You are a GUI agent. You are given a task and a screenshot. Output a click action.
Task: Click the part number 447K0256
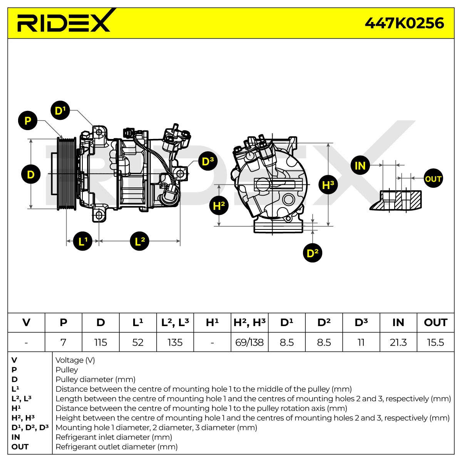click(404, 23)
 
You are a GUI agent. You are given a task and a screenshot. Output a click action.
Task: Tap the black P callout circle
click(28, 121)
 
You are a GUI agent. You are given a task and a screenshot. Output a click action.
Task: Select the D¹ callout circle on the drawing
click(60, 110)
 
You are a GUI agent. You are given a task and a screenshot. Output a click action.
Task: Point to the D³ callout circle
click(208, 161)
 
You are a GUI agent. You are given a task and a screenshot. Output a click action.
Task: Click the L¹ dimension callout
click(82, 241)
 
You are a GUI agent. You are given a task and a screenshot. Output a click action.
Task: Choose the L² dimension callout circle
click(139, 241)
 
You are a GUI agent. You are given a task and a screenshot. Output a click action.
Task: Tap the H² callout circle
click(219, 206)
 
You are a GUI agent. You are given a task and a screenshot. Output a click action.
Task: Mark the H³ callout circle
click(328, 185)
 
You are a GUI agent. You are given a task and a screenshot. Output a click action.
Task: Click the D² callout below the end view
click(312, 253)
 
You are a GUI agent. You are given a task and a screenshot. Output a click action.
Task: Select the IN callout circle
click(360, 165)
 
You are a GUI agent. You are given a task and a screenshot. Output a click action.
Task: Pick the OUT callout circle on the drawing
click(433, 178)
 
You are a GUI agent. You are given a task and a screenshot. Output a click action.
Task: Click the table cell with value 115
click(100, 342)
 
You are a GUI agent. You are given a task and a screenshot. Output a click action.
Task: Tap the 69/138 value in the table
click(249, 342)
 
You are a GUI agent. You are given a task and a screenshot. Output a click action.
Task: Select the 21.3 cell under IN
click(398, 342)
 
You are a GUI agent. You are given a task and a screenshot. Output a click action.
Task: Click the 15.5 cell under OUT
click(435, 342)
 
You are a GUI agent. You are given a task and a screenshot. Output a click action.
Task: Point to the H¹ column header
click(212, 323)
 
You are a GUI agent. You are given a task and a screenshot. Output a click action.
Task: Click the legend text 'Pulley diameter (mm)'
click(95, 379)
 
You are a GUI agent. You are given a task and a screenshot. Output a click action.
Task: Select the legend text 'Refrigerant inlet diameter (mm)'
click(114, 437)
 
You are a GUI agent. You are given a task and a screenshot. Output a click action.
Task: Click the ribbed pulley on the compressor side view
click(66, 174)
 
